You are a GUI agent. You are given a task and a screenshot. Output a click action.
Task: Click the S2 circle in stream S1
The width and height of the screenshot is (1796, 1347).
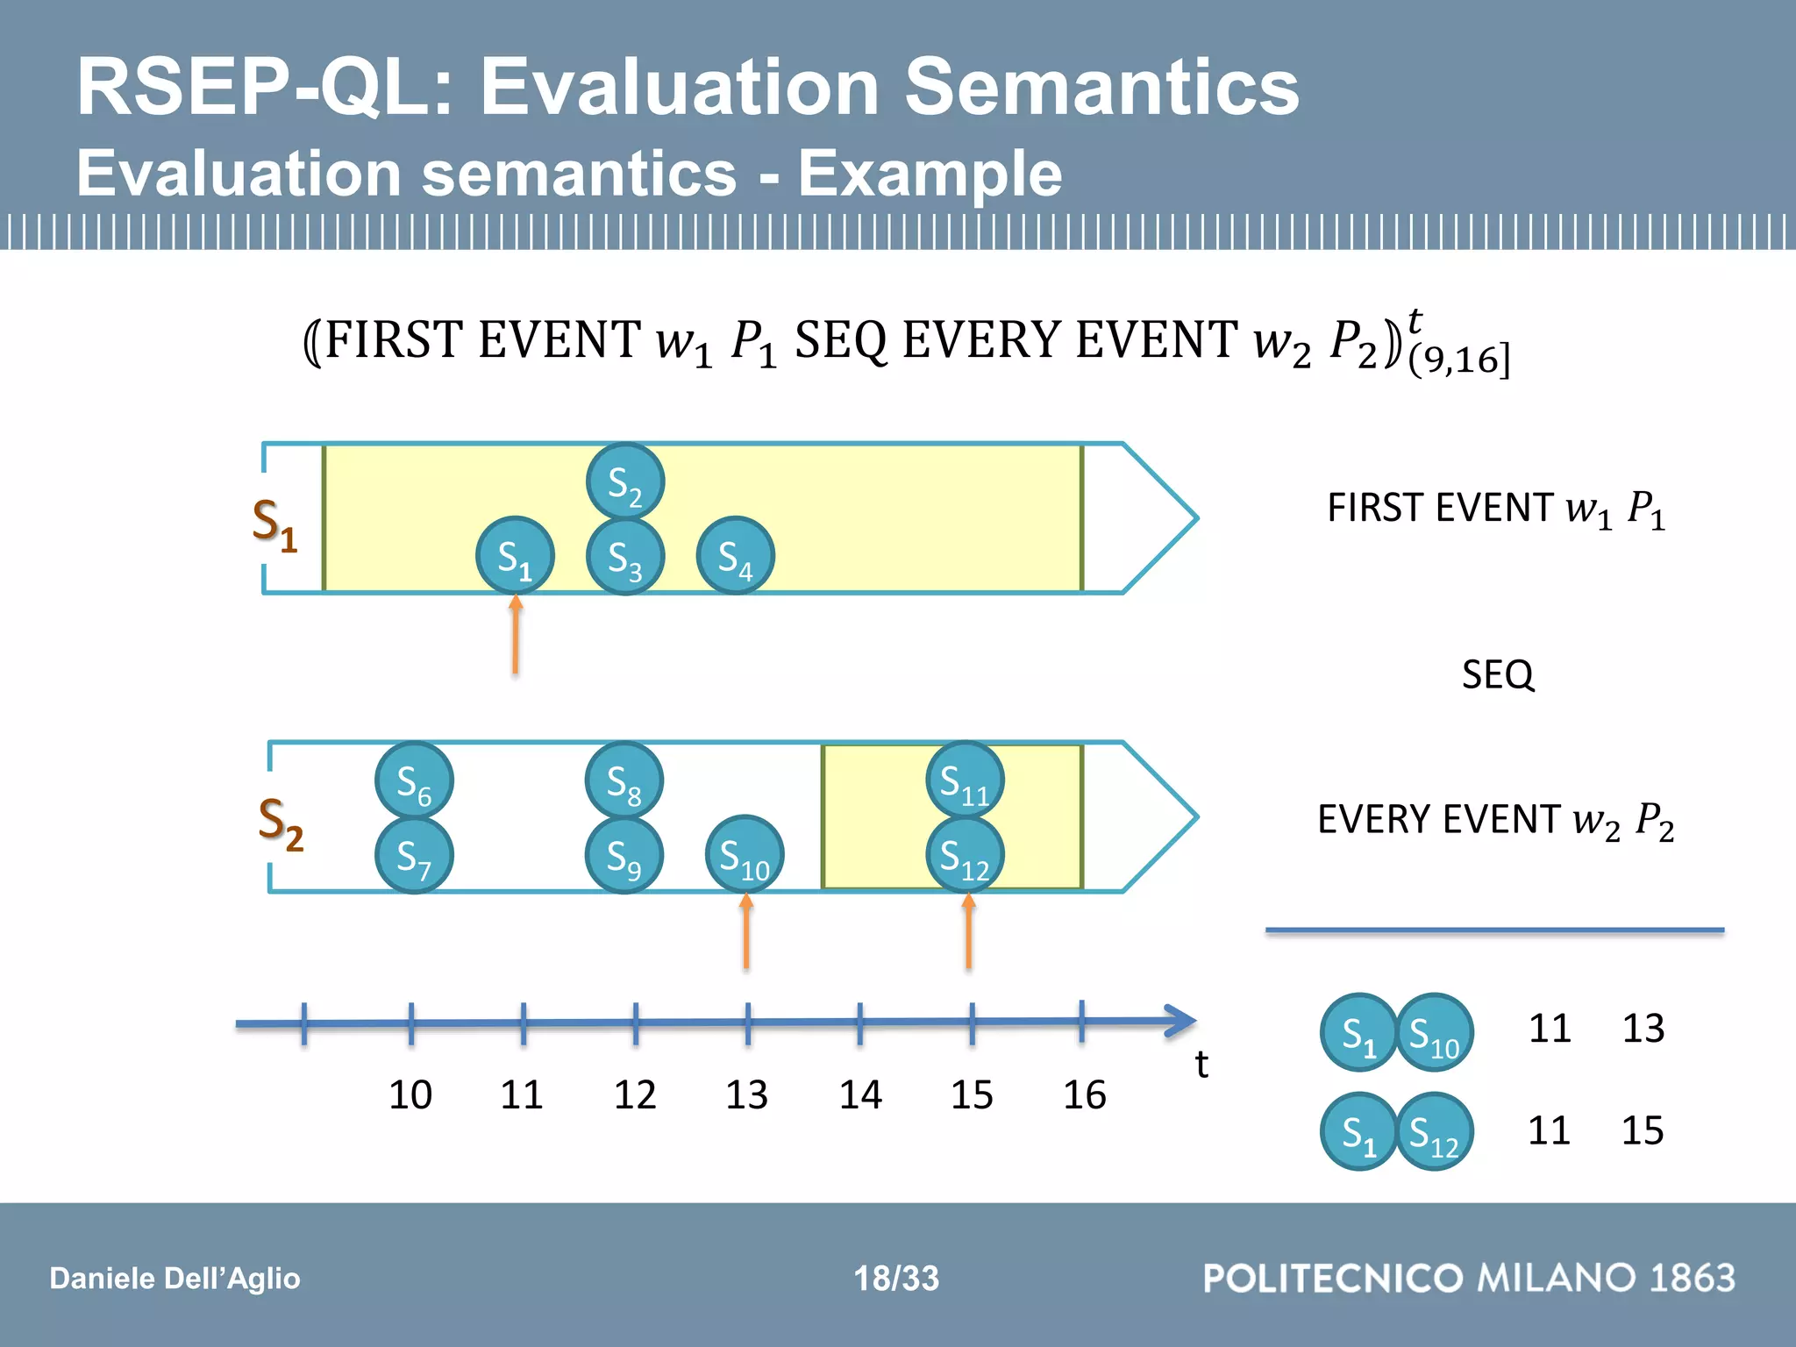(x=624, y=481)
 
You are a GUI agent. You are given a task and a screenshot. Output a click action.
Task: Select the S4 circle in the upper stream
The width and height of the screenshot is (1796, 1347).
(x=735, y=556)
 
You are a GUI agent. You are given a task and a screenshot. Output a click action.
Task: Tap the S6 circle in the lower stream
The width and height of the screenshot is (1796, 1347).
(x=414, y=780)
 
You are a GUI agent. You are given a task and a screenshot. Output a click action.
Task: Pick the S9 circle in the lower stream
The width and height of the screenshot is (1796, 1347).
(x=624, y=855)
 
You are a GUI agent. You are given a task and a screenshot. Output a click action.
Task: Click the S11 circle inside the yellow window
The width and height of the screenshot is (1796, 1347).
(x=965, y=780)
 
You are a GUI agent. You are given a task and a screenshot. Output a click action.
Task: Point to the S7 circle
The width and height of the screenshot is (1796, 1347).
(x=414, y=855)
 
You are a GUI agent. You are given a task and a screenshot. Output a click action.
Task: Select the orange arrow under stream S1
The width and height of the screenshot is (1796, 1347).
(x=516, y=635)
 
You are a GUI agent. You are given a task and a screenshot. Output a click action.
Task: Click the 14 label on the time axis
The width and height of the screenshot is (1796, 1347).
(x=859, y=1094)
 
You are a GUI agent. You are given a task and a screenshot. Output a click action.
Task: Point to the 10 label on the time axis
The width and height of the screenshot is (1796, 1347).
(x=410, y=1094)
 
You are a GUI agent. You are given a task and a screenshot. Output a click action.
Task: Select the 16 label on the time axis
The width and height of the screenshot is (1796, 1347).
(x=1084, y=1094)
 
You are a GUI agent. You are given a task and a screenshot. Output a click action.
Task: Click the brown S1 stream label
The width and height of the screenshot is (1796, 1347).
(x=274, y=524)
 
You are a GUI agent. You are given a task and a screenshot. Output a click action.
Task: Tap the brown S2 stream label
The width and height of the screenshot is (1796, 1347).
(x=281, y=823)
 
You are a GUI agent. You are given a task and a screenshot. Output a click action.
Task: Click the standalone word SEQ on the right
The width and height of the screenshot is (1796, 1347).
(x=1498, y=674)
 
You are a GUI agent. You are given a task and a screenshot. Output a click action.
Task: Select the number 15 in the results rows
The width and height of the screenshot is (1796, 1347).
(x=1642, y=1130)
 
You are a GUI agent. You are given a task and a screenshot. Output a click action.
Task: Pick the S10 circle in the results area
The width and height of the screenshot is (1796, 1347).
(x=1434, y=1032)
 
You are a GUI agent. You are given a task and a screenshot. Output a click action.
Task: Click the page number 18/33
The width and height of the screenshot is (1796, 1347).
(x=896, y=1278)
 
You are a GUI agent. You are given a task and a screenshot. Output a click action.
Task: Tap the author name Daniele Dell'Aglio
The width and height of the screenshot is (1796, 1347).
(x=175, y=1278)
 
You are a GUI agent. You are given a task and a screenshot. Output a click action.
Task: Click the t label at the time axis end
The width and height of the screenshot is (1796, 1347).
(x=1201, y=1065)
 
